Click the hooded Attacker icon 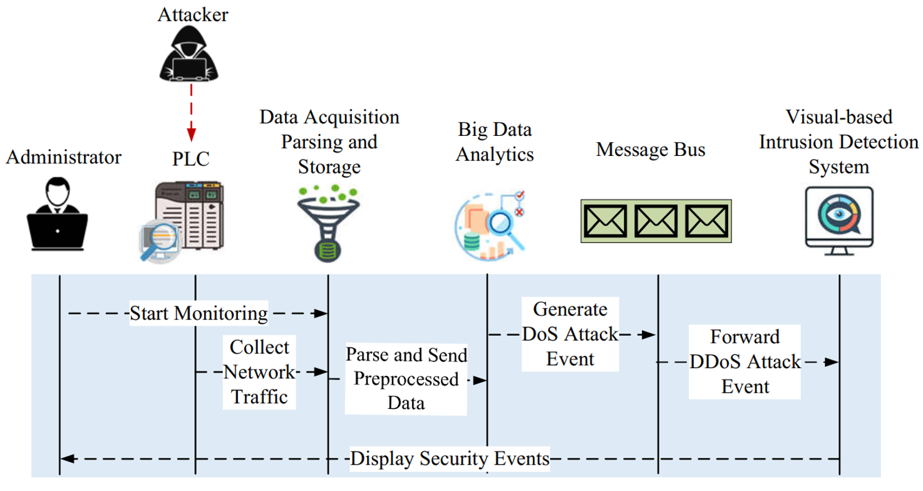188,53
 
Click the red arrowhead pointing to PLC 191,135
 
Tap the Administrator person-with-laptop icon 57,214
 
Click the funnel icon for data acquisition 328,224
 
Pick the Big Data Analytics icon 490,225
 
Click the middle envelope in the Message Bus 656,221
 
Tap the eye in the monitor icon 839,214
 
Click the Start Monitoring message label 199,313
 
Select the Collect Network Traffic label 259,372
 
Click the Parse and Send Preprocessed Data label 406,379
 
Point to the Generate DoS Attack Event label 570,334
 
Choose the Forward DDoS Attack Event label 745,361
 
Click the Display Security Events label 450,458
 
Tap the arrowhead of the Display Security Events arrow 68,458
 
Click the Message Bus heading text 651,149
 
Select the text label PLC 191,158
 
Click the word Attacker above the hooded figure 193,15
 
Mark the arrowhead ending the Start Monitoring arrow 320,313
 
